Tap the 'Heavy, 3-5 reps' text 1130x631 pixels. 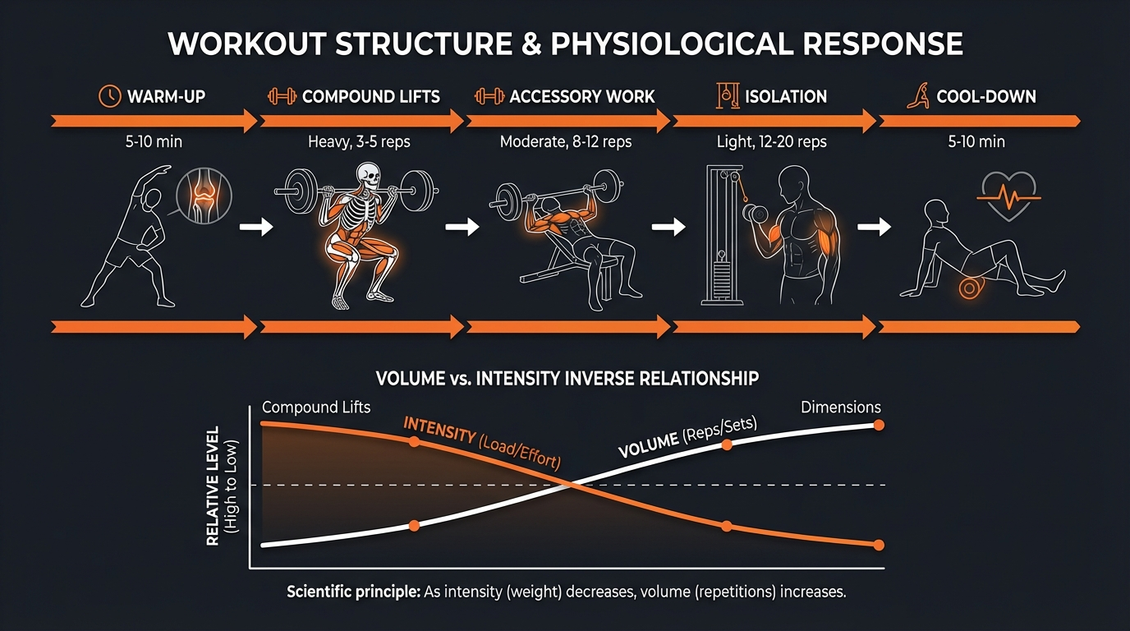(359, 142)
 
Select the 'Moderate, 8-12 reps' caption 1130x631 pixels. (566, 142)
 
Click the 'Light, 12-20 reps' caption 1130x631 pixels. (772, 142)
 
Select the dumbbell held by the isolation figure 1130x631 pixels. (751, 213)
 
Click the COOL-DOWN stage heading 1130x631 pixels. (986, 97)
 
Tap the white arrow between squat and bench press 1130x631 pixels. (462, 226)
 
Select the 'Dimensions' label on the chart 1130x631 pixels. (840, 408)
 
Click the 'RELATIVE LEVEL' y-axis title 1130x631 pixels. (213, 485)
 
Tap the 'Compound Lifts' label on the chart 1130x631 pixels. (315, 408)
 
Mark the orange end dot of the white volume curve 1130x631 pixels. (879, 425)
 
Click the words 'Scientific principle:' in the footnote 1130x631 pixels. (353, 592)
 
